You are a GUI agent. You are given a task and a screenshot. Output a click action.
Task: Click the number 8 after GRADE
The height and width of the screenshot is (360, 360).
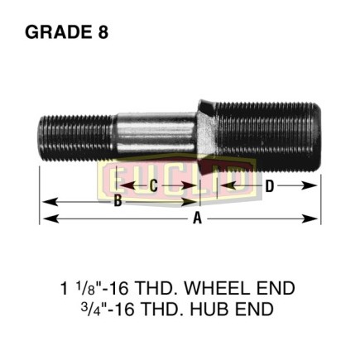click(103, 32)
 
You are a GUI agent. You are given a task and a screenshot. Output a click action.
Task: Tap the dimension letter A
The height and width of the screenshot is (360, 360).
click(197, 219)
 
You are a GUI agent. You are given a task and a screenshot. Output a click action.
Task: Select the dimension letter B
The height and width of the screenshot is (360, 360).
click(118, 201)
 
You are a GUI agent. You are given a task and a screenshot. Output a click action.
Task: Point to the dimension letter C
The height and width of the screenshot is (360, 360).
click(154, 185)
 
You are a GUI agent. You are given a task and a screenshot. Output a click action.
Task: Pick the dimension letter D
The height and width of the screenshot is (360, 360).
click(269, 186)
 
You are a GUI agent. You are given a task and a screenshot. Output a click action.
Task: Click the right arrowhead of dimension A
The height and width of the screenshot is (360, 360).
click(310, 219)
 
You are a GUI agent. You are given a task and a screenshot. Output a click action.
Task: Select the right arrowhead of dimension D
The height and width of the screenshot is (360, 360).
click(310, 185)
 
